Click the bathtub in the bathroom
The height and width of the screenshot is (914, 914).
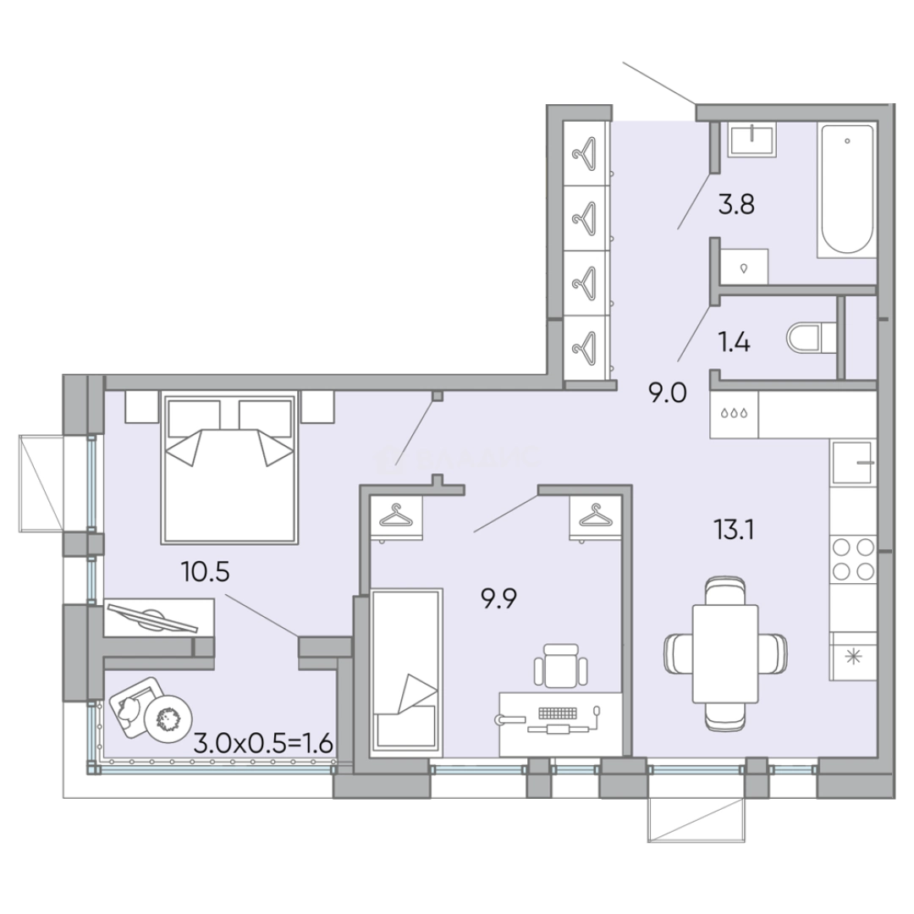pyautogui.click(x=845, y=190)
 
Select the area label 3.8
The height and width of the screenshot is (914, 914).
pyautogui.click(x=735, y=205)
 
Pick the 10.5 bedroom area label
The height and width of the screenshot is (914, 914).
pyautogui.click(x=205, y=572)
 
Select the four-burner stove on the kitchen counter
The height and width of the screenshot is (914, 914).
pyautogui.click(x=852, y=559)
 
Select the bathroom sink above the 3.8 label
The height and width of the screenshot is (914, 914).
pyautogui.click(x=752, y=139)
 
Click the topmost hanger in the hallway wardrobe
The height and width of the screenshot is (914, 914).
pyautogui.click(x=583, y=152)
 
